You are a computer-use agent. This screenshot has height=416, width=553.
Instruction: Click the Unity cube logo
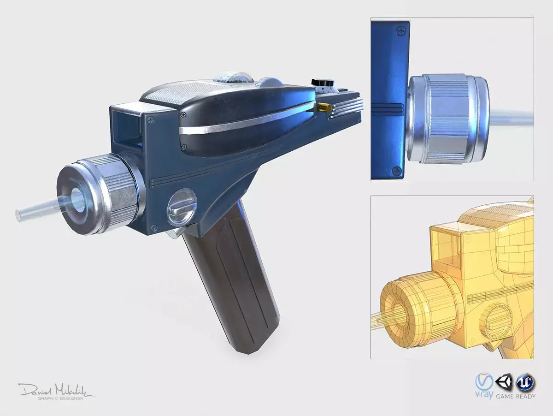pyautogui.click(x=501, y=382)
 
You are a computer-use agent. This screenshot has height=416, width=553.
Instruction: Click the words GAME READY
pyautogui.click(x=515, y=396)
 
